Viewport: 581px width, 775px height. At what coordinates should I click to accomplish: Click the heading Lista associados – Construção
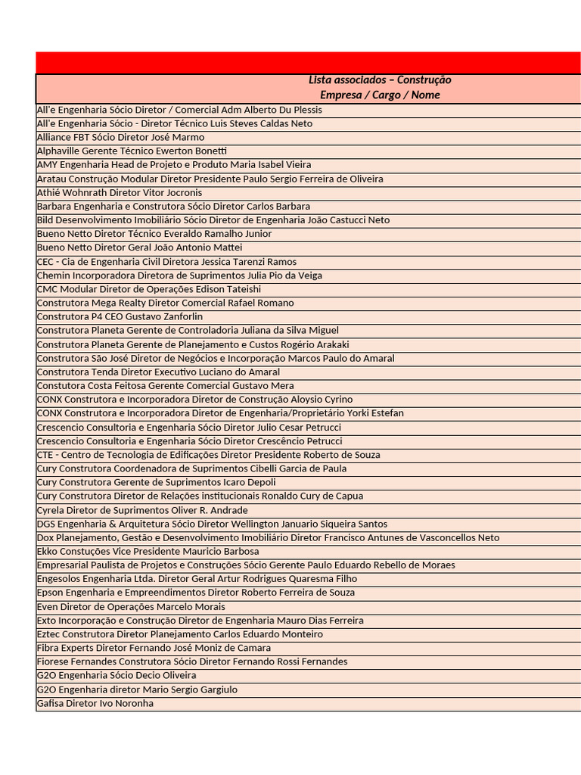pos(380,80)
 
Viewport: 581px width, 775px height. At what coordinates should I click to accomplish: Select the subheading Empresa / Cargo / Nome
pos(380,95)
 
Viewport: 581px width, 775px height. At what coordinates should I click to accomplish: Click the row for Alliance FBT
pos(121,137)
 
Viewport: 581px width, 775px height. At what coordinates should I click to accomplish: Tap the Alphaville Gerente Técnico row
pos(132,151)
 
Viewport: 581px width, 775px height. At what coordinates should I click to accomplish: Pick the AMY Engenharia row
pos(174,164)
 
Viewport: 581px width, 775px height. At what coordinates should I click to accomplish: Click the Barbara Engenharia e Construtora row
pos(173,206)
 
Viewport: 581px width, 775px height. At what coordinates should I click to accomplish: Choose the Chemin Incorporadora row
pos(179,275)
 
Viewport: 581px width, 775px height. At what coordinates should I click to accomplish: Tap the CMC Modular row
pos(149,289)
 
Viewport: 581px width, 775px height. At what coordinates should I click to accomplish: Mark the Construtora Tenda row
pos(158,372)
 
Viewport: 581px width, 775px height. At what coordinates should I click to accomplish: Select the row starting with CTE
pos(209,455)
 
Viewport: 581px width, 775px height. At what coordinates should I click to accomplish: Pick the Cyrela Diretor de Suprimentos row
pos(142,510)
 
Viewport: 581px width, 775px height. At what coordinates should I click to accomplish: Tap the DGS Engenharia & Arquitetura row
pos(212,524)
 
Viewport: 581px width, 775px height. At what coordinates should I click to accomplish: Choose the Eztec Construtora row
pos(180,634)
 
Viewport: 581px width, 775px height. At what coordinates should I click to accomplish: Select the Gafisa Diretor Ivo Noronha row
pos(95,703)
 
